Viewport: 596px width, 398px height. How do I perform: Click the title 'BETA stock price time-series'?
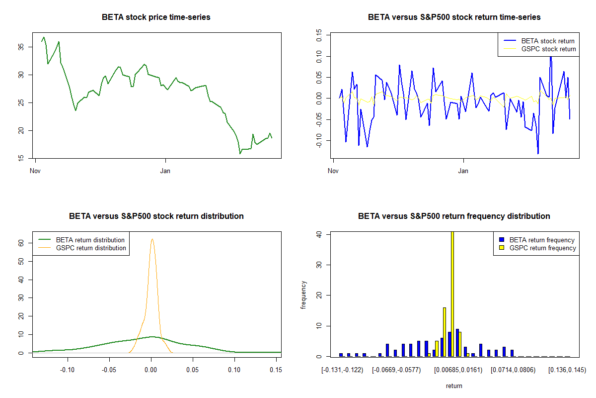(156, 17)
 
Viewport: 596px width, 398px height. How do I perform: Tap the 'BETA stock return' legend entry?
(539, 41)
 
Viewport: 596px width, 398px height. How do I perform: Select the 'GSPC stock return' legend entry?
(539, 49)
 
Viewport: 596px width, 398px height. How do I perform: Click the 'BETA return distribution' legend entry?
(81, 240)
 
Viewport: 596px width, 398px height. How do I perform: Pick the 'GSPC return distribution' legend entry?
(82, 248)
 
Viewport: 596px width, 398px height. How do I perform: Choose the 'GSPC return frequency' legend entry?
(537, 248)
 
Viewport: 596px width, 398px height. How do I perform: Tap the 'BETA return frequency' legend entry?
(537, 240)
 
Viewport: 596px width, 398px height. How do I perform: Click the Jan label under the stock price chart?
(165, 171)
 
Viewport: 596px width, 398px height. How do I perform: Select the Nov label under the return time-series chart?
(333, 171)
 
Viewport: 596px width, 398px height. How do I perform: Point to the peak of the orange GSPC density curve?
(152, 239)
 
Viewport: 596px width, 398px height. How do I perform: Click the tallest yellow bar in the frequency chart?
(452, 294)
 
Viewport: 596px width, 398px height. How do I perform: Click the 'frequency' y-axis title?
(303, 295)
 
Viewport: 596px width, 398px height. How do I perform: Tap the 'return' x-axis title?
(454, 386)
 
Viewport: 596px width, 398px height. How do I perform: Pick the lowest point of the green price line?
(240, 154)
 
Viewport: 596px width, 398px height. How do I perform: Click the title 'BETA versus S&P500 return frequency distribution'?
(454, 216)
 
